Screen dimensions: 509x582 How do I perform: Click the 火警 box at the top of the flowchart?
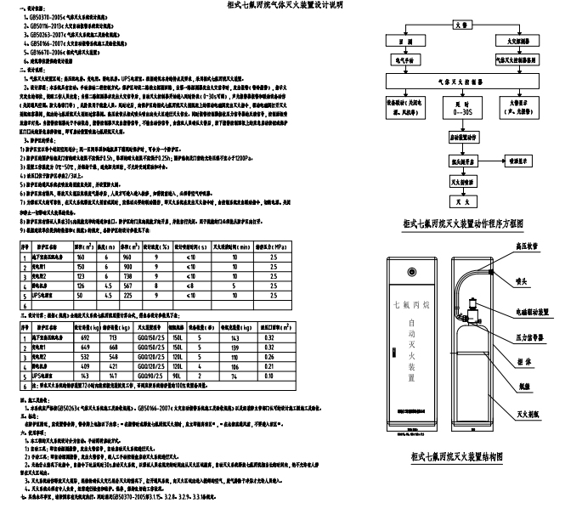click(x=460, y=25)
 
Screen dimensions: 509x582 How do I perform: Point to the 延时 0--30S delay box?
click(x=460, y=110)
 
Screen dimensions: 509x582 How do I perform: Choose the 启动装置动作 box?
click(x=460, y=136)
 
